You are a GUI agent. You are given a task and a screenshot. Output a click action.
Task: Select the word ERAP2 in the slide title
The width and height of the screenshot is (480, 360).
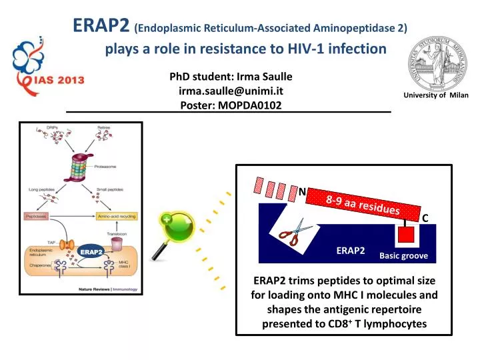101,25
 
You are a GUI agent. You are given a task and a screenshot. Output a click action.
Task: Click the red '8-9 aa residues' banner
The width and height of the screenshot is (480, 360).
363,203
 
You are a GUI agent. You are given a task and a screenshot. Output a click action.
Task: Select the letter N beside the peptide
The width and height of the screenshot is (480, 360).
301,192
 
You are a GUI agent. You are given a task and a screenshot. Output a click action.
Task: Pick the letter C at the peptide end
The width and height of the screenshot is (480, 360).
425,218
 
